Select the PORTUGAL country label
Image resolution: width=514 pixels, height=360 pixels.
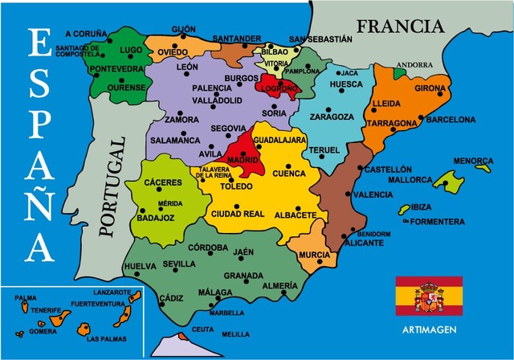point(112,186)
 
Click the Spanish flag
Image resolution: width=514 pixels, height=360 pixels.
point(428,297)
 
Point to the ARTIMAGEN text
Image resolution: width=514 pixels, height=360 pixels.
point(429,329)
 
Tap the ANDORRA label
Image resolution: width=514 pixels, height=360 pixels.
point(414,65)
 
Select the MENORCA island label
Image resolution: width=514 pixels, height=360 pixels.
point(471,161)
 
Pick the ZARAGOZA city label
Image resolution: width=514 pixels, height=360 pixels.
point(332,117)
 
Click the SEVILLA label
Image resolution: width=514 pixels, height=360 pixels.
point(178,264)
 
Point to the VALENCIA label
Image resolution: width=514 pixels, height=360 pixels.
point(373,194)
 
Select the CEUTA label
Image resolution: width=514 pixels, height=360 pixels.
point(203,329)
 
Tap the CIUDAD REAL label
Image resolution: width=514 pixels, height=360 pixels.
point(237,213)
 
